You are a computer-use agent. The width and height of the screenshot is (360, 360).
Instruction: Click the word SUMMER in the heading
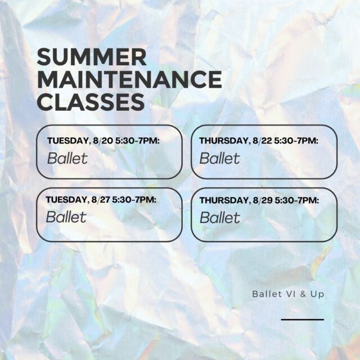[x=92, y=57]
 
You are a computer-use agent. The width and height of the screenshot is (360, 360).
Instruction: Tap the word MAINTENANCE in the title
[x=129, y=79]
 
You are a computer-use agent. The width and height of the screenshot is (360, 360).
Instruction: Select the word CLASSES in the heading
[x=91, y=102]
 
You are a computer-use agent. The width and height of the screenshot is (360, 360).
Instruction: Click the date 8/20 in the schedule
[x=103, y=141]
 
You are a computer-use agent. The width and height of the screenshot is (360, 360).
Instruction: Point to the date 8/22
[x=262, y=141]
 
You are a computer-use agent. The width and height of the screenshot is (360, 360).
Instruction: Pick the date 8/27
[x=101, y=200]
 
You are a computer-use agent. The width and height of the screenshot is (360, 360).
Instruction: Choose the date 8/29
[x=263, y=200]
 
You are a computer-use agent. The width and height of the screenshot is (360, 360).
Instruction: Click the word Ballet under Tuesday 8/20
[x=67, y=158]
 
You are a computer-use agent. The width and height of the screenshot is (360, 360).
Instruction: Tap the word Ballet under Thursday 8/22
[x=220, y=158]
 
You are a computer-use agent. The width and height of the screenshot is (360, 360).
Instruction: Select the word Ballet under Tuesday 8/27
[x=66, y=217]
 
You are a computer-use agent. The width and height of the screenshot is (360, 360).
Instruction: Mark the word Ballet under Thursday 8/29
[x=220, y=218]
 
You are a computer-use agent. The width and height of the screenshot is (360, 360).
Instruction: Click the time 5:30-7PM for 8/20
[x=137, y=141]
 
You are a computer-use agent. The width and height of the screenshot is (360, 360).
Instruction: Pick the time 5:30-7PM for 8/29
[x=297, y=200]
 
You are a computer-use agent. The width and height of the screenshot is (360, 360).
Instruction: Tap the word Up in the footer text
[x=317, y=295]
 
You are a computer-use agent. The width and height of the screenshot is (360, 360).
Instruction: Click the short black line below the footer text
[x=303, y=319]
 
